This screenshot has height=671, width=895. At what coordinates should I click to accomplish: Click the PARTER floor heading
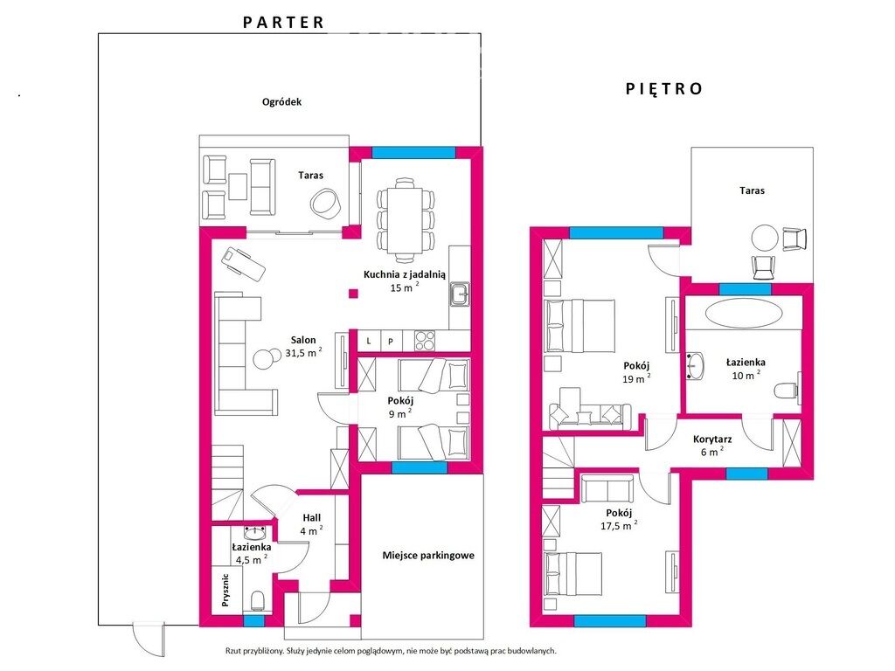284,22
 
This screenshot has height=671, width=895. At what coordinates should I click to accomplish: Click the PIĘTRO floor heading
664,88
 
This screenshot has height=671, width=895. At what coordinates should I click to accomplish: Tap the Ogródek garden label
281,102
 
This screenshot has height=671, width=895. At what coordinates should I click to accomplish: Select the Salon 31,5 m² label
303,346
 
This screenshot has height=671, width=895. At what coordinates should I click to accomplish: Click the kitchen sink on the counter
459,294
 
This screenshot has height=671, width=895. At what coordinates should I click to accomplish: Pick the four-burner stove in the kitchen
425,341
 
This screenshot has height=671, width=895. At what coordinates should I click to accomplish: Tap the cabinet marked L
369,342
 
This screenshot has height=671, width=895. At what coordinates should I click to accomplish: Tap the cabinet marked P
391,342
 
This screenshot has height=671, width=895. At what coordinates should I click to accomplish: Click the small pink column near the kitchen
354,294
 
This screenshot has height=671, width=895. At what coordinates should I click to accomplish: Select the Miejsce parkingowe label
428,555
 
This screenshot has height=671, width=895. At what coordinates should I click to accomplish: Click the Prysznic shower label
225,590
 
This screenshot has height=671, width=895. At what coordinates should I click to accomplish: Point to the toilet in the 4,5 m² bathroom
258,601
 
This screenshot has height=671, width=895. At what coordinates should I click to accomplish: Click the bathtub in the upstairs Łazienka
744,314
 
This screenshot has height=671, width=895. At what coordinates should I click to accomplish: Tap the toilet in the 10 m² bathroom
787,391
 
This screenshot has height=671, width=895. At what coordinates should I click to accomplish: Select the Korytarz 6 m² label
711,446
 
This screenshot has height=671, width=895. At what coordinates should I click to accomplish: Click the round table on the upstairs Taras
764,238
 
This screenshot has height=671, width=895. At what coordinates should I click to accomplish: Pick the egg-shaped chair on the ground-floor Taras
326,203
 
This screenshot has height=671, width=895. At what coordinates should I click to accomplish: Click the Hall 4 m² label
312,524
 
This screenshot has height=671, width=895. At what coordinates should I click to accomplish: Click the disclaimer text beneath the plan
391,650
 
